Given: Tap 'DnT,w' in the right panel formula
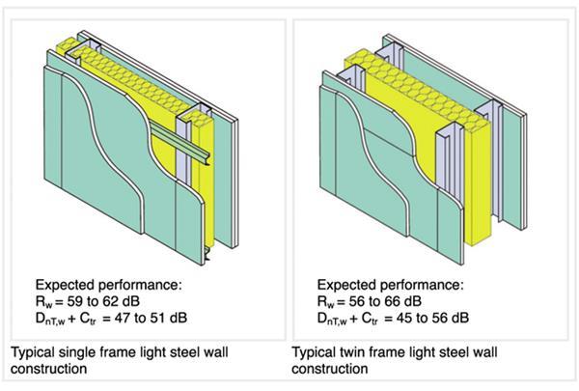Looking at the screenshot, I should click(x=337, y=318).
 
